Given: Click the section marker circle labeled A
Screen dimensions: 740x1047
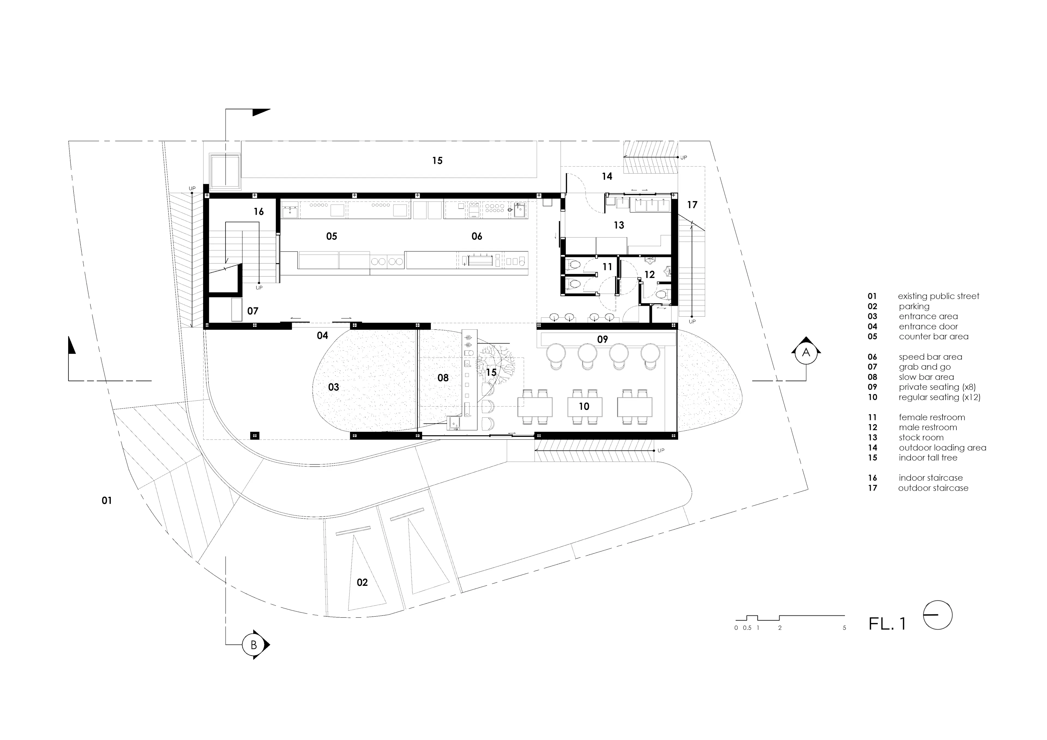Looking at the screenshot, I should tap(806, 352).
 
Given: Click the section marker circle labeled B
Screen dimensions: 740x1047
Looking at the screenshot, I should tap(254, 645).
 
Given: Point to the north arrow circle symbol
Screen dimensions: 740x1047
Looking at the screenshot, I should tap(938, 615).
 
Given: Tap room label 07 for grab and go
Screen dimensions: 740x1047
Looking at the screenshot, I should tap(253, 311).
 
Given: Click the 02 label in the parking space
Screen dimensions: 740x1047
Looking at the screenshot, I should tap(362, 582).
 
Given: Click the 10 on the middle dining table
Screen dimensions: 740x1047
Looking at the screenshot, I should tap(584, 407).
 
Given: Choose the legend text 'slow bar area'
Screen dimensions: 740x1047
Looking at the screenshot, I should tap(926, 377).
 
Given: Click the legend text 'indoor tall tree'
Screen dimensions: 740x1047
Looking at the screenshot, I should tap(928, 457).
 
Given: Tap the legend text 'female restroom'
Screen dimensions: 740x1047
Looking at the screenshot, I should tap(932, 417).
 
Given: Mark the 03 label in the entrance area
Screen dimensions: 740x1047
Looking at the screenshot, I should tap(334, 387).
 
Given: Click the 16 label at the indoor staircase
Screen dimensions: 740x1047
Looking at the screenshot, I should tap(258, 211).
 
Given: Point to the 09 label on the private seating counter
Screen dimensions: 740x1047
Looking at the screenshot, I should tap(602, 339).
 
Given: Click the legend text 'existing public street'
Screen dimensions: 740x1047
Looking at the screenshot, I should tap(938, 296).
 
